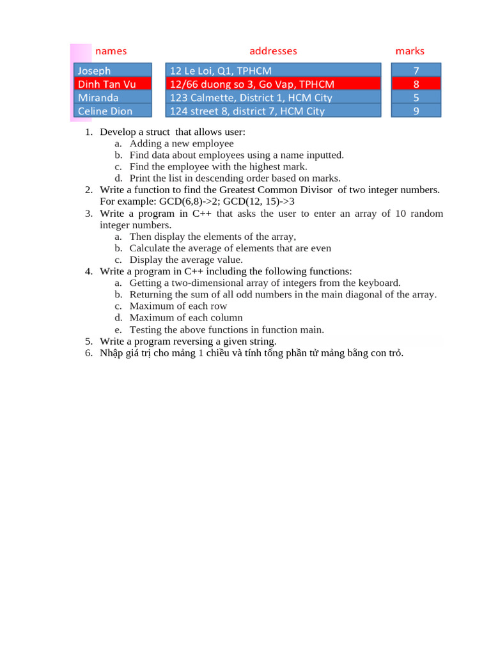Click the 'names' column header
pos(111,51)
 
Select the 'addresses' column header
pos(273,51)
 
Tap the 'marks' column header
pos(410,51)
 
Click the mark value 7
pos(416,70)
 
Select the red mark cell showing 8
pos(416,84)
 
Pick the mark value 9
pos(416,111)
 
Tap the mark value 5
pos(416,97)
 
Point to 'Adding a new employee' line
pos(182,144)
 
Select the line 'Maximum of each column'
pos(186,318)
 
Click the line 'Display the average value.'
pos(186,260)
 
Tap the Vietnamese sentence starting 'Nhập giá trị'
pos(252,354)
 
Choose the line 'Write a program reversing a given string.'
pos(188,342)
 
